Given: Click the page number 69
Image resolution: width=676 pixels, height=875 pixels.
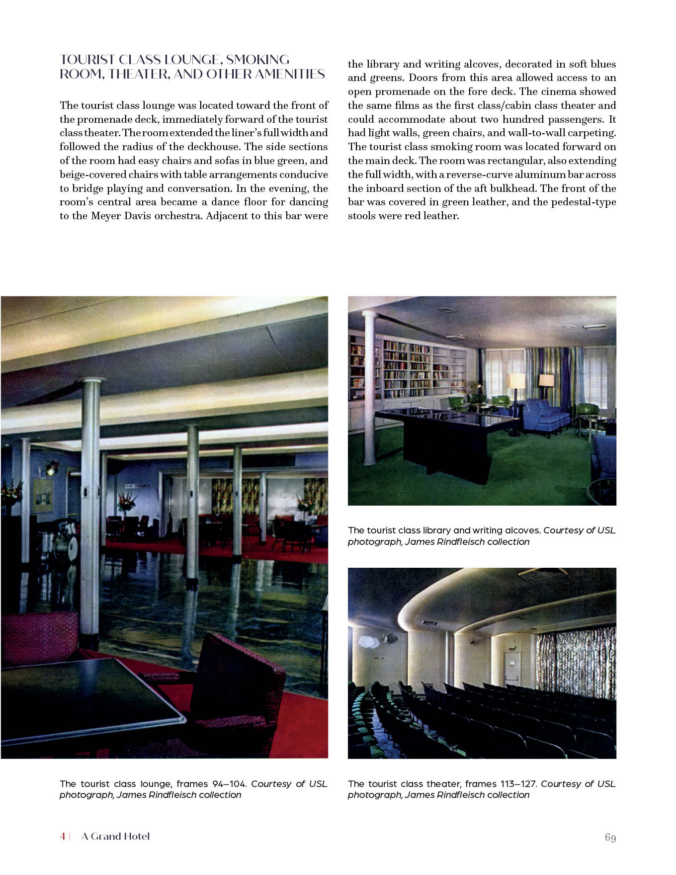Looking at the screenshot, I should [610, 838].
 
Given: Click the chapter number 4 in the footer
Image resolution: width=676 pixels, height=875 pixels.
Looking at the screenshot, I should [63, 836].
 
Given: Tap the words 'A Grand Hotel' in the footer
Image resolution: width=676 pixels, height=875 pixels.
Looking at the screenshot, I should [115, 836].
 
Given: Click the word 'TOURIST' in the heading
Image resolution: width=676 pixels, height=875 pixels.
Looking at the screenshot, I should [87, 60].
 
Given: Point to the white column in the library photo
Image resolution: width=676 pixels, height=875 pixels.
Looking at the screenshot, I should [369, 388].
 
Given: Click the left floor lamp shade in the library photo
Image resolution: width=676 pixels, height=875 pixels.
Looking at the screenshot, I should [516, 381].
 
